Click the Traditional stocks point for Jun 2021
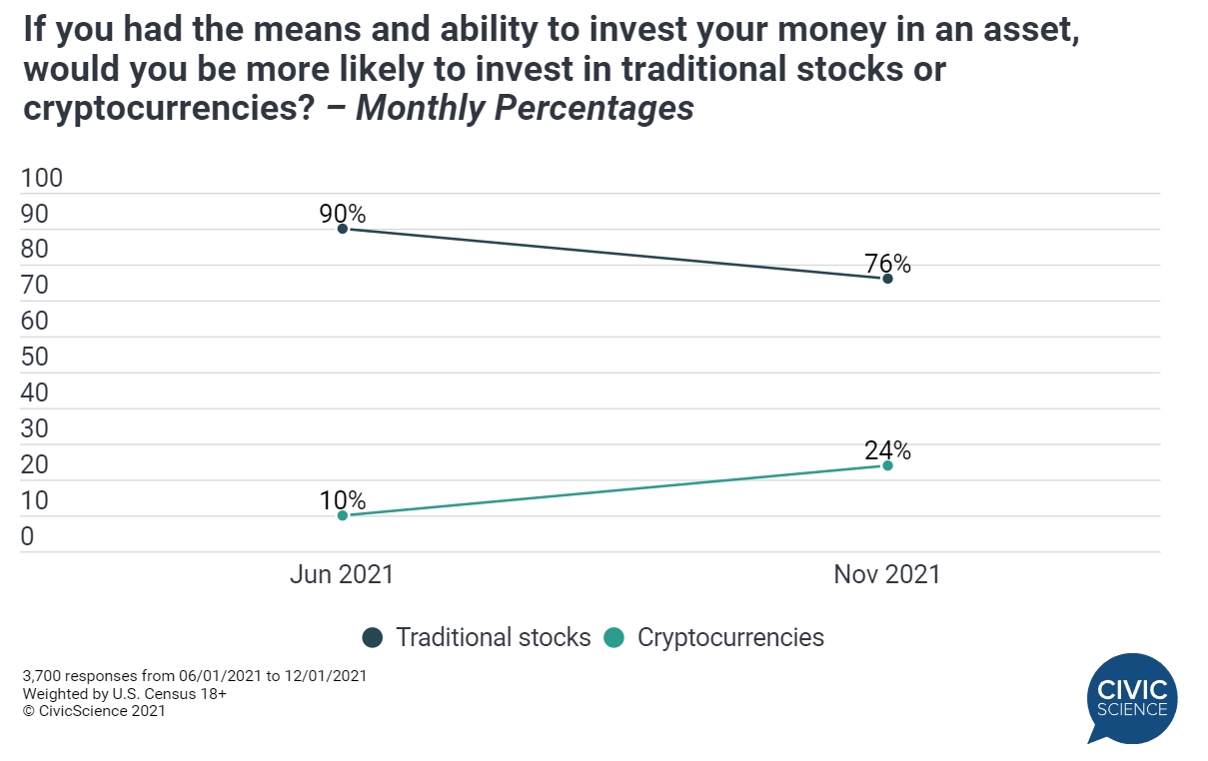[x=343, y=229]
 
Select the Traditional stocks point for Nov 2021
[x=887, y=278]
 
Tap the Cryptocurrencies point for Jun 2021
[x=343, y=515]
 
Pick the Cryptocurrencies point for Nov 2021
[x=887, y=465]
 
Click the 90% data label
[x=343, y=213]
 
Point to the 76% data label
[x=887, y=264]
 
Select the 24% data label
[x=887, y=450]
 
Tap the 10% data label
[x=343, y=500]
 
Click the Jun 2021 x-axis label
[x=342, y=574]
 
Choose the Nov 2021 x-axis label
[x=887, y=574]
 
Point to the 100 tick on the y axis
[x=42, y=179]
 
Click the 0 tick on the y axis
[x=28, y=536]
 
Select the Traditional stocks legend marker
[x=374, y=637]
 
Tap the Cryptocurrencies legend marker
[x=615, y=637]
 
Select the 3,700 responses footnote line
[x=194, y=676]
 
